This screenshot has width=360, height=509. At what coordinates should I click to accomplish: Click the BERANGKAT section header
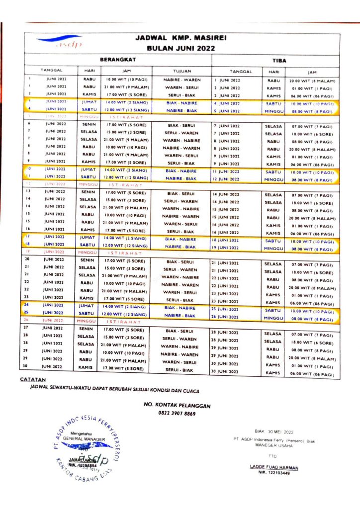(118, 59)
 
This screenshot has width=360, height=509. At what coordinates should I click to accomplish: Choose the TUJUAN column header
(181, 71)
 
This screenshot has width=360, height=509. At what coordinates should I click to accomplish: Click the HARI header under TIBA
(273, 72)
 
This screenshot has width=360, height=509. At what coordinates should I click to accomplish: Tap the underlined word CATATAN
(30, 379)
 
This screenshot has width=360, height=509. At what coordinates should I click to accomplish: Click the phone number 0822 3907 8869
(177, 413)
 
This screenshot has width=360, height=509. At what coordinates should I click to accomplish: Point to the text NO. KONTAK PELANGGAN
(177, 406)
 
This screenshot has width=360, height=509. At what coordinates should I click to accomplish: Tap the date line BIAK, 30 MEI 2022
(273, 432)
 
